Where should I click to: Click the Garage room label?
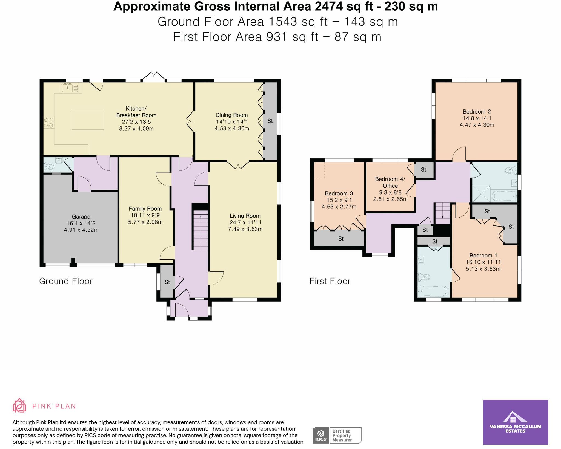click(81, 216)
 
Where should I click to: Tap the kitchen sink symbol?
click(67, 88)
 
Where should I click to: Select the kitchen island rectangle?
click(88, 120)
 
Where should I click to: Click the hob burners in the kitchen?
click(49, 122)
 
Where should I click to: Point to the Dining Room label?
click(231, 115)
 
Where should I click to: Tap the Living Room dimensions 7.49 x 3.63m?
click(245, 229)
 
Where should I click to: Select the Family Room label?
click(145, 208)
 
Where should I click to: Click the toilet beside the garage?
click(49, 166)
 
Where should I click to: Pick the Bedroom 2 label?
click(477, 111)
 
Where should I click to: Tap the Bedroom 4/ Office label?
click(390, 182)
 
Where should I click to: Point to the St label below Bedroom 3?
click(341, 239)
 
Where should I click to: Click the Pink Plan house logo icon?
click(19, 405)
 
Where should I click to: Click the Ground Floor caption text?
click(66, 281)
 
